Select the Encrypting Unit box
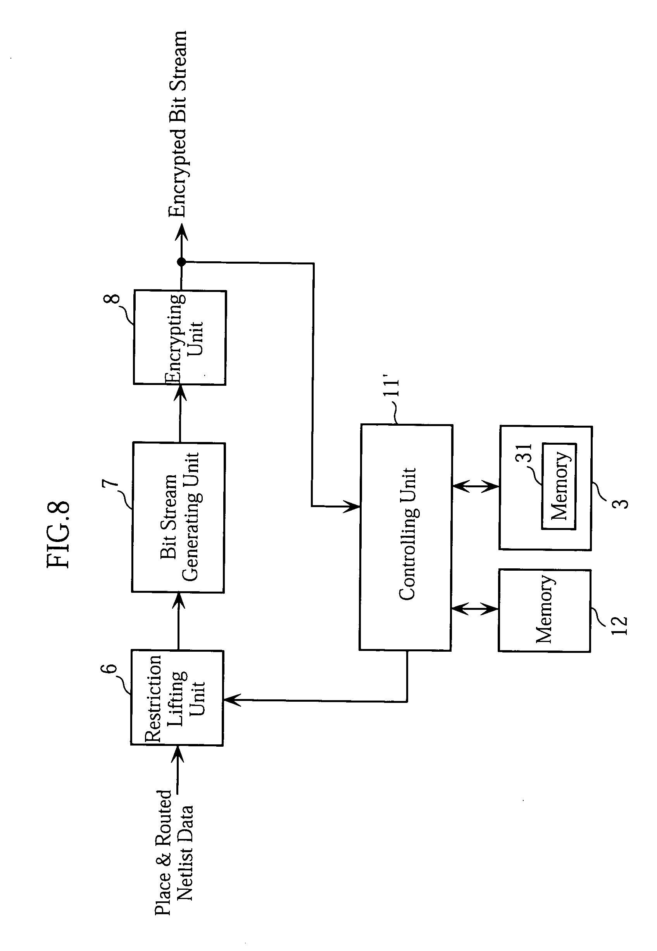[180, 338]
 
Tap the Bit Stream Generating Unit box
[178, 518]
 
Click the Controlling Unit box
[406, 537]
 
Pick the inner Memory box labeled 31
[559, 486]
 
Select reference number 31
[524, 453]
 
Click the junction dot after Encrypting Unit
[181, 261]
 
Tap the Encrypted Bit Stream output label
[178, 124]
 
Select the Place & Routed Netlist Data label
[173, 852]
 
